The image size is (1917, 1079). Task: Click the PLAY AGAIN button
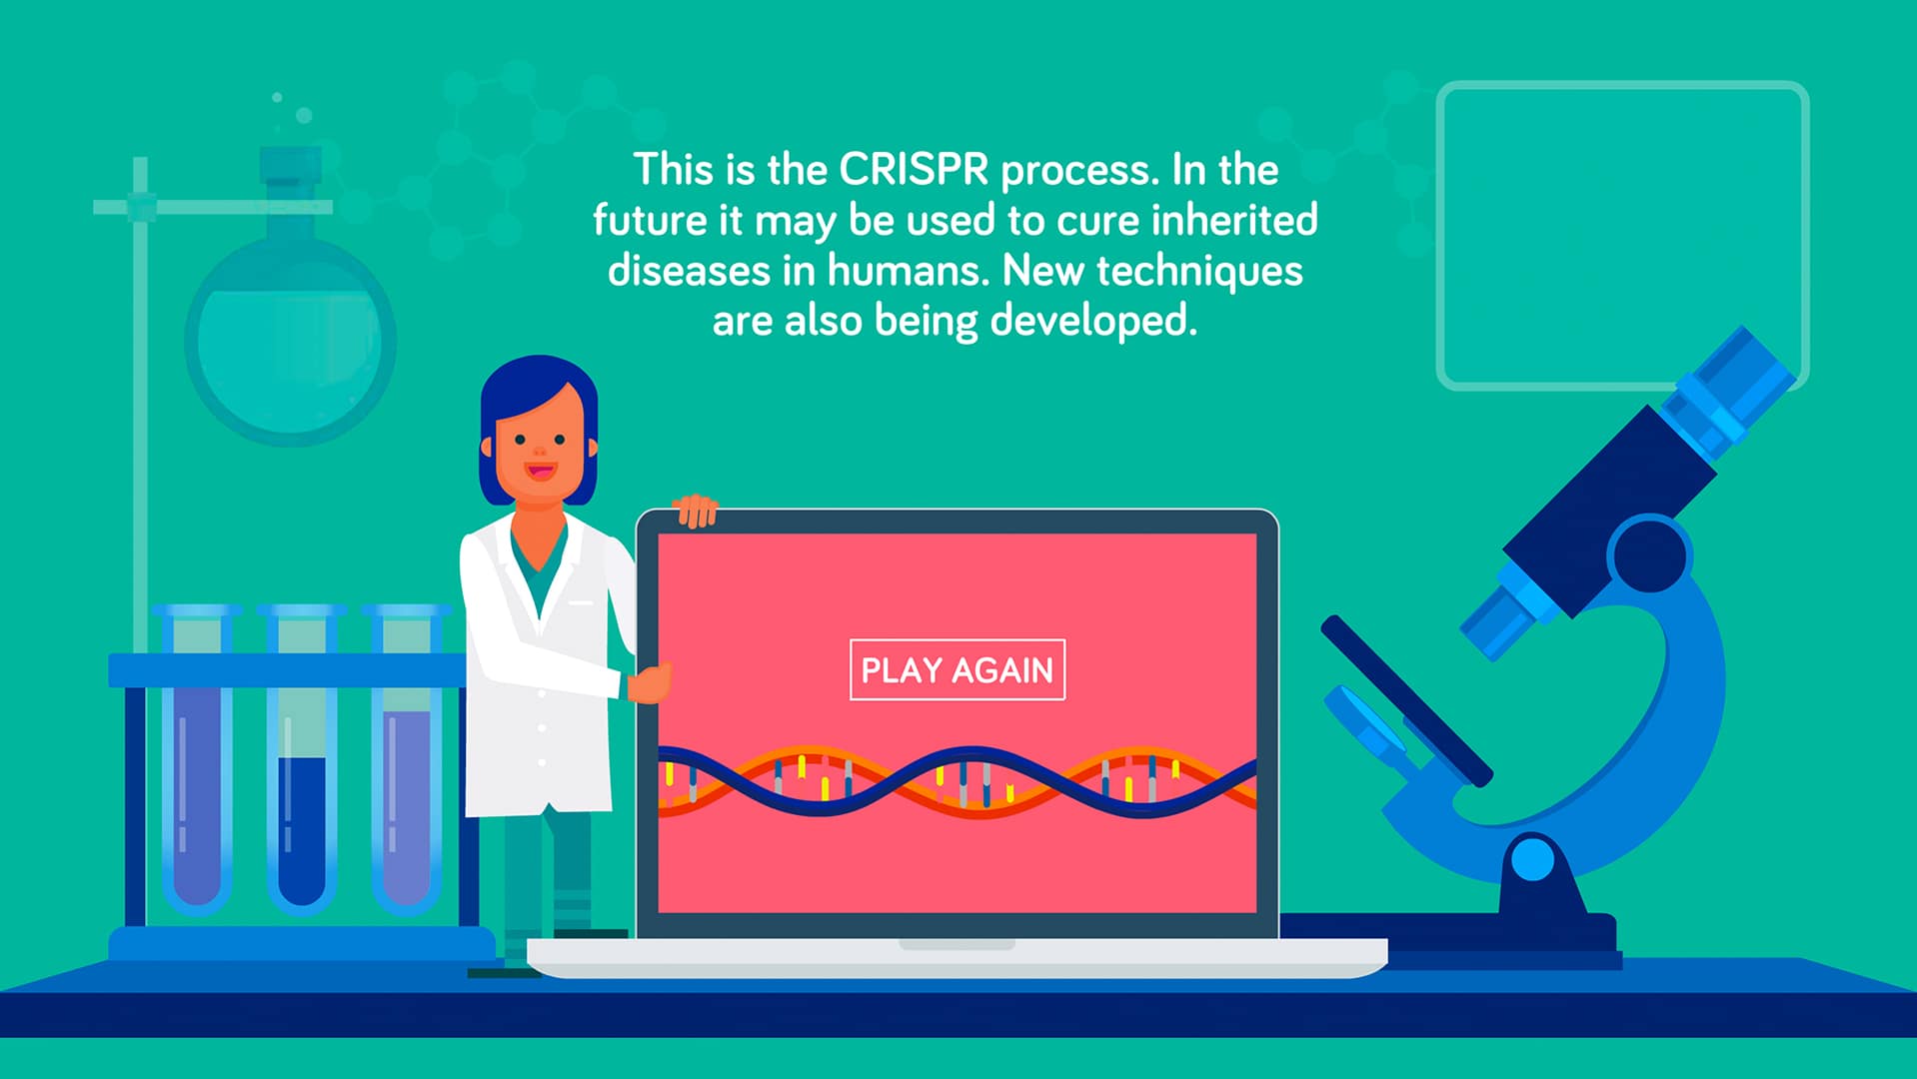point(957,669)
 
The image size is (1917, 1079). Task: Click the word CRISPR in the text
point(914,170)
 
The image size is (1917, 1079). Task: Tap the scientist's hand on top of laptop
point(696,510)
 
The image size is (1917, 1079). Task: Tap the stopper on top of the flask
point(290,166)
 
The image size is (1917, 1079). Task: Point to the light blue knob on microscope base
point(1532,860)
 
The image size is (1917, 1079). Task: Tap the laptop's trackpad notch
point(957,944)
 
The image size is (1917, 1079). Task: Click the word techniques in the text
point(1199,271)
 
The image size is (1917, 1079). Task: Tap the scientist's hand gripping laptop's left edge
point(649,684)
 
